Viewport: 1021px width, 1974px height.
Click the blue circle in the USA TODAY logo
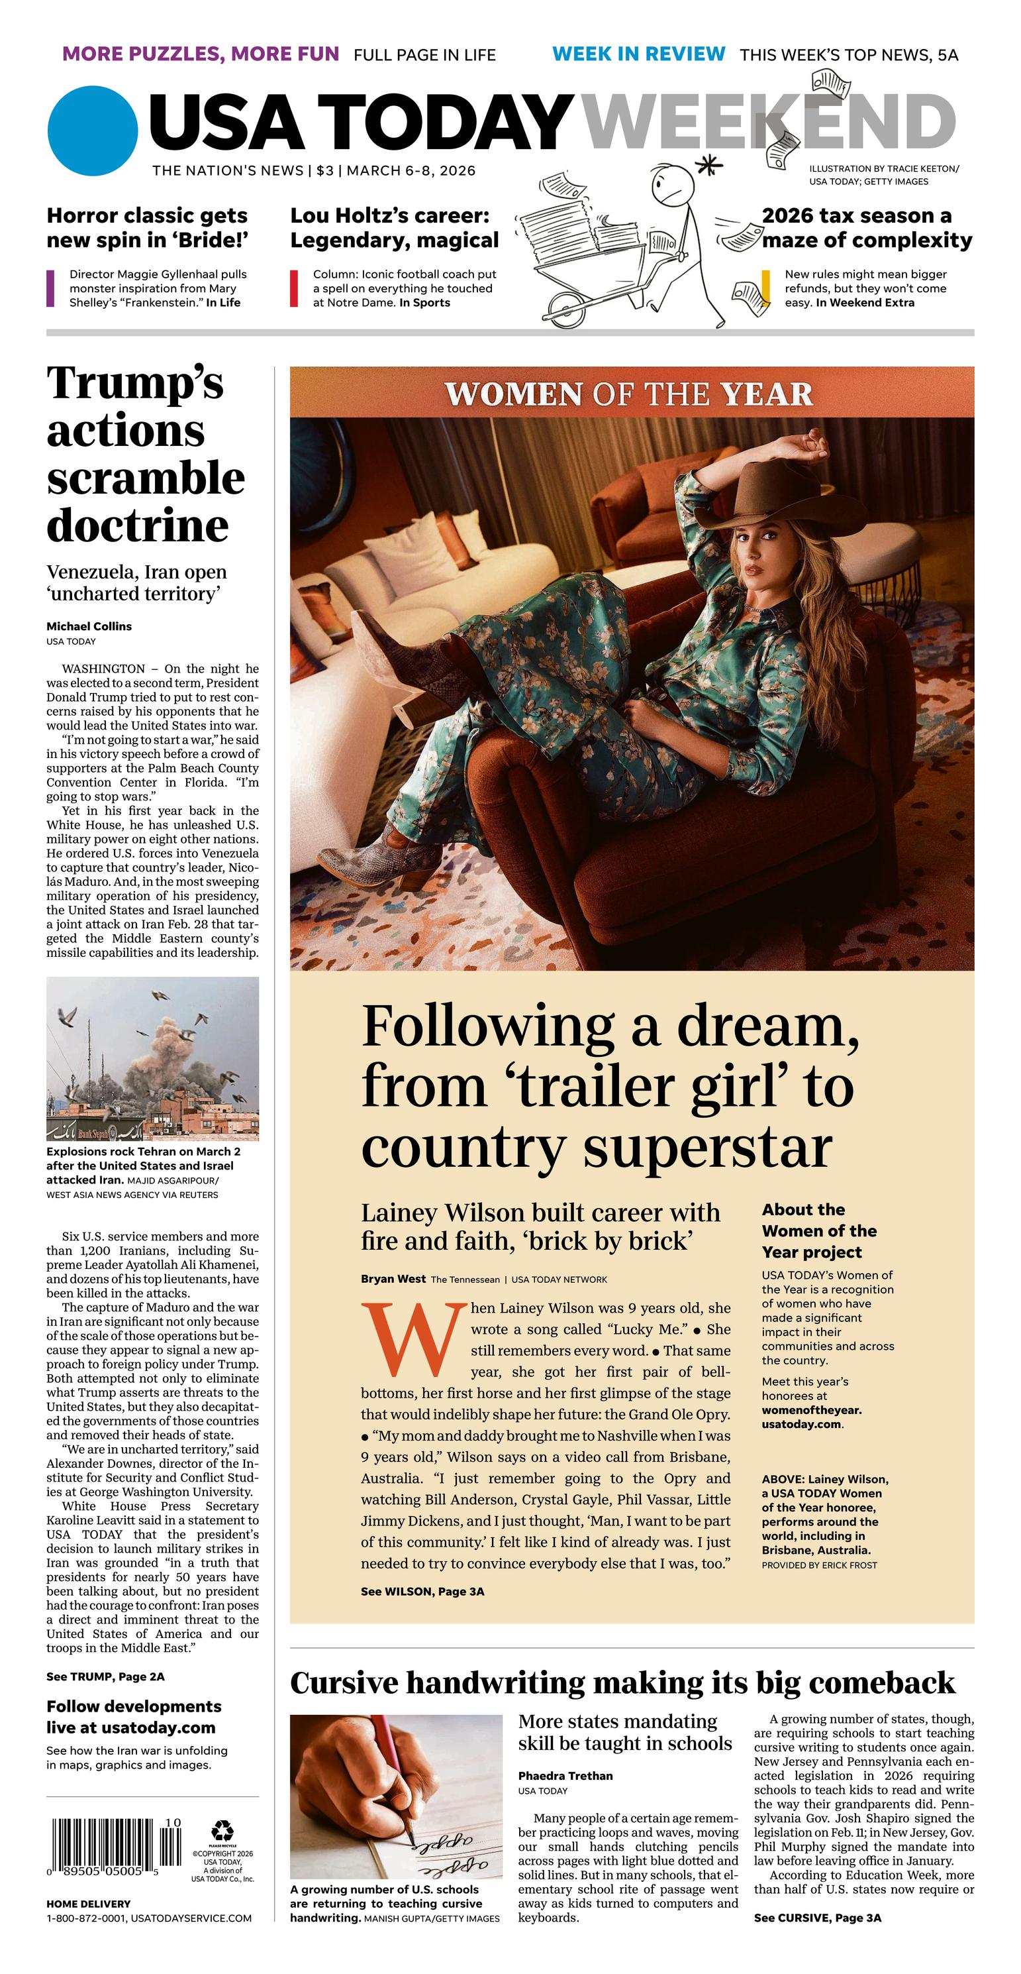point(92,131)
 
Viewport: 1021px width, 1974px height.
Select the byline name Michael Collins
point(89,626)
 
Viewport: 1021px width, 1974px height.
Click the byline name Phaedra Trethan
point(565,1775)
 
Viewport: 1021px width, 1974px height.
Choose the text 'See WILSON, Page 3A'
point(422,1591)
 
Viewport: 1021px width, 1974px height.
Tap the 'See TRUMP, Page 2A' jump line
point(105,1676)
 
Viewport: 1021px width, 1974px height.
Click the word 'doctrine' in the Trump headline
point(138,525)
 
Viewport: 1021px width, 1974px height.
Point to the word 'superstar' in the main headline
point(708,1149)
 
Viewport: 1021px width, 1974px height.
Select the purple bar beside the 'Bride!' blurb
point(50,288)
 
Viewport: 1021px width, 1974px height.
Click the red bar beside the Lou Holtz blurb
point(293,288)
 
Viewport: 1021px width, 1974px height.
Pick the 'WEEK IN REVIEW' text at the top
point(638,54)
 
